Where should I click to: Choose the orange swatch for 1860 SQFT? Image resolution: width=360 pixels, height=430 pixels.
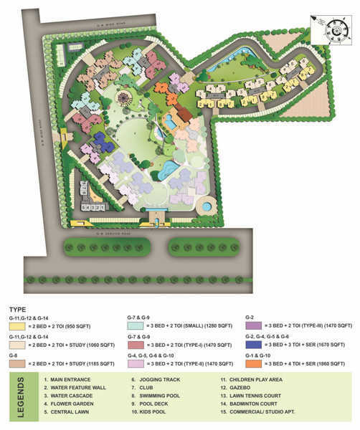click(x=252, y=363)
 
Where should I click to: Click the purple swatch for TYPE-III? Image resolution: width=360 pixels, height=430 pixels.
click(x=252, y=324)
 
